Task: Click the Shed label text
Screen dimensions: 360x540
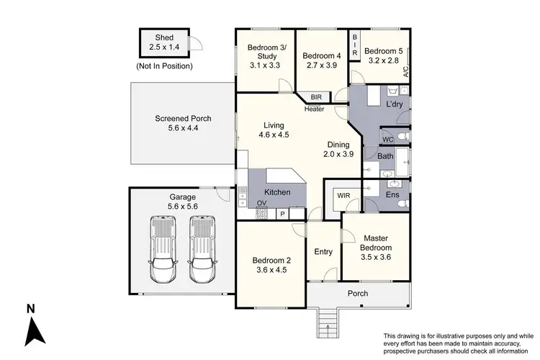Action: [163, 37]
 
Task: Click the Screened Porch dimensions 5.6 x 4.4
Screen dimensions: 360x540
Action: [181, 128]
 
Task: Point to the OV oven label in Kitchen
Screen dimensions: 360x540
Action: [261, 204]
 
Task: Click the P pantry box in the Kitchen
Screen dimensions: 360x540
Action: [283, 214]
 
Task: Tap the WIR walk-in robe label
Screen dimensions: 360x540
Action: [337, 194]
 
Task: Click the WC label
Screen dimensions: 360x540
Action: [387, 139]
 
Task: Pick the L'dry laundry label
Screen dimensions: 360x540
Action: [395, 105]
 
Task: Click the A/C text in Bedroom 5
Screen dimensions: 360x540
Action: [406, 72]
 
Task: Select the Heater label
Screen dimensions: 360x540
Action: [315, 109]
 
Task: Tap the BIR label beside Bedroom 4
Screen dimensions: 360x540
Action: [316, 96]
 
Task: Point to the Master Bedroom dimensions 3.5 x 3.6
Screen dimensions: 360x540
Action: [375, 252]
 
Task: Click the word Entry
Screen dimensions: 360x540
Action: [324, 251]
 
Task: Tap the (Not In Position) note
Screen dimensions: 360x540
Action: [163, 66]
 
